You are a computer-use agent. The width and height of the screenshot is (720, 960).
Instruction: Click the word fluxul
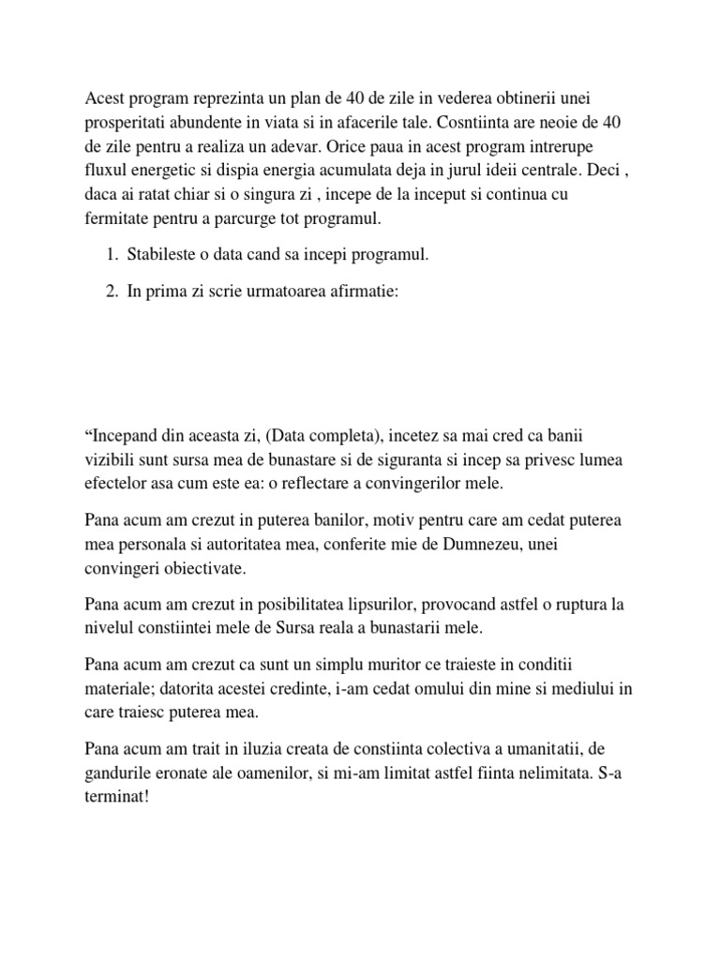(x=108, y=173)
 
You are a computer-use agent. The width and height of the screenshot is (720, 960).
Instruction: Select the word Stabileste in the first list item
(x=164, y=256)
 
